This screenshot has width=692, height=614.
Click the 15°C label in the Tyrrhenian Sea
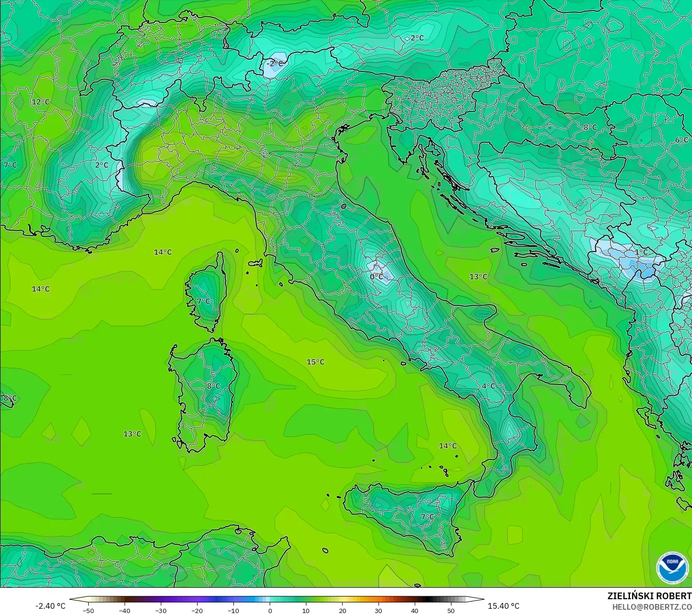315,362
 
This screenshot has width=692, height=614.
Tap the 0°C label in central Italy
377,276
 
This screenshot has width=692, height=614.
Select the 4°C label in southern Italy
488,386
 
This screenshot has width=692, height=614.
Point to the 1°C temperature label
641,252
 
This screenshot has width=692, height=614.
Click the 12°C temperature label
41,102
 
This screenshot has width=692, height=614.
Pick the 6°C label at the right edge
682,140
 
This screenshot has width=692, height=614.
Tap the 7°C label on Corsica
203,301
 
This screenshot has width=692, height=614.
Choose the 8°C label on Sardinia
213,386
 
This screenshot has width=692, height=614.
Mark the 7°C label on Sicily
427,517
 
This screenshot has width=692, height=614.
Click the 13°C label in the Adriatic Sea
478,277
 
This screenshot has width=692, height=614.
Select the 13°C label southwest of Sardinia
132,434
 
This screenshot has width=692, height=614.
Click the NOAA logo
672,568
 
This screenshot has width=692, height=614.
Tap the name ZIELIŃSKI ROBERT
649,596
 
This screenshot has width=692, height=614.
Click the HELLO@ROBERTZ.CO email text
652,607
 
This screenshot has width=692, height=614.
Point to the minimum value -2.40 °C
50,606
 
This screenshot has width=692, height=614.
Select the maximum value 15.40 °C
503,606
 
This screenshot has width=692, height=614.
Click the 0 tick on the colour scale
270,610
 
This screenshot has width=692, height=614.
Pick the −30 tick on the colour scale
161,610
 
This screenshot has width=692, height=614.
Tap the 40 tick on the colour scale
414,610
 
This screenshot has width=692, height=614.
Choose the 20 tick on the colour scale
342,610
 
